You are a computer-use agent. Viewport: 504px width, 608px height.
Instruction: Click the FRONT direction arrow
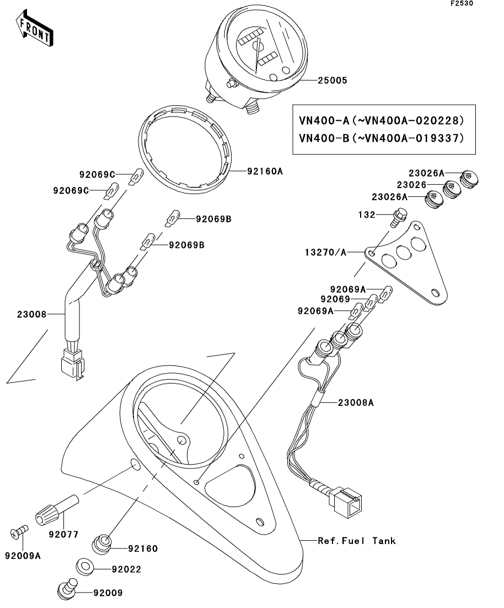pos(35,30)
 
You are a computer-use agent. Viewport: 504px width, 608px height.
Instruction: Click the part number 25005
pos(332,80)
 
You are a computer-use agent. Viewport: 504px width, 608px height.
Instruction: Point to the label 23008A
pos(356,403)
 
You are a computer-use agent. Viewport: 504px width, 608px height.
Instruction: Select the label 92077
pos(63,534)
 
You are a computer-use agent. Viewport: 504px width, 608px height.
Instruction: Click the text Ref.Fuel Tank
pos(357,541)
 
